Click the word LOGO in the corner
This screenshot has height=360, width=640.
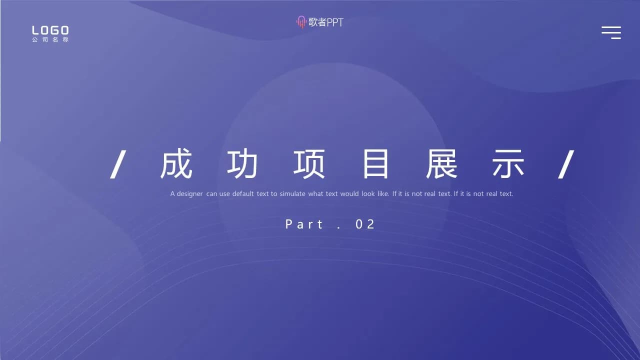(x=50, y=30)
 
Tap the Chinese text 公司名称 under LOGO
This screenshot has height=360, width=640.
(x=50, y=40)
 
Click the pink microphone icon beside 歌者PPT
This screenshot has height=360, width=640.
(x=301, y=22)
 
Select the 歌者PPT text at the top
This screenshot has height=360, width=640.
(x=326, y=22)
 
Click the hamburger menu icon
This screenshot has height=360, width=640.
(x=611, y=32)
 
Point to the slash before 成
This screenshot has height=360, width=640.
(x=117, y=164)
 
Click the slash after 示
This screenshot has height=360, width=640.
(x=566, y=164)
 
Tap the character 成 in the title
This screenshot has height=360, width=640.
(x=176, y=164)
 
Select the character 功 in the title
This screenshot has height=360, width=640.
(x=242, y=164)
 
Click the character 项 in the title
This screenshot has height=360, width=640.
(x=309, y=164)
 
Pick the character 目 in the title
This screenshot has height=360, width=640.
(x=375, y=164)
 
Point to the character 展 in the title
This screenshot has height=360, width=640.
(x=442, y=164)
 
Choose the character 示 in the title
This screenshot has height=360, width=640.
(x=508, y=164)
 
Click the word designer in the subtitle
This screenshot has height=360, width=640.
(x=190, y=194)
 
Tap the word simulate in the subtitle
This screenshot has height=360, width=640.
(x=292, y=194)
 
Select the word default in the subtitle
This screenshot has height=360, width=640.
(x=243, y=194)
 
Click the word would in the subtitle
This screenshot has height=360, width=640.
(x=349, y=194)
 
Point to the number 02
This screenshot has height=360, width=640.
(x=365, y=224)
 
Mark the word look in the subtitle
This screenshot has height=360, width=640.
(x=368, y=194)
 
